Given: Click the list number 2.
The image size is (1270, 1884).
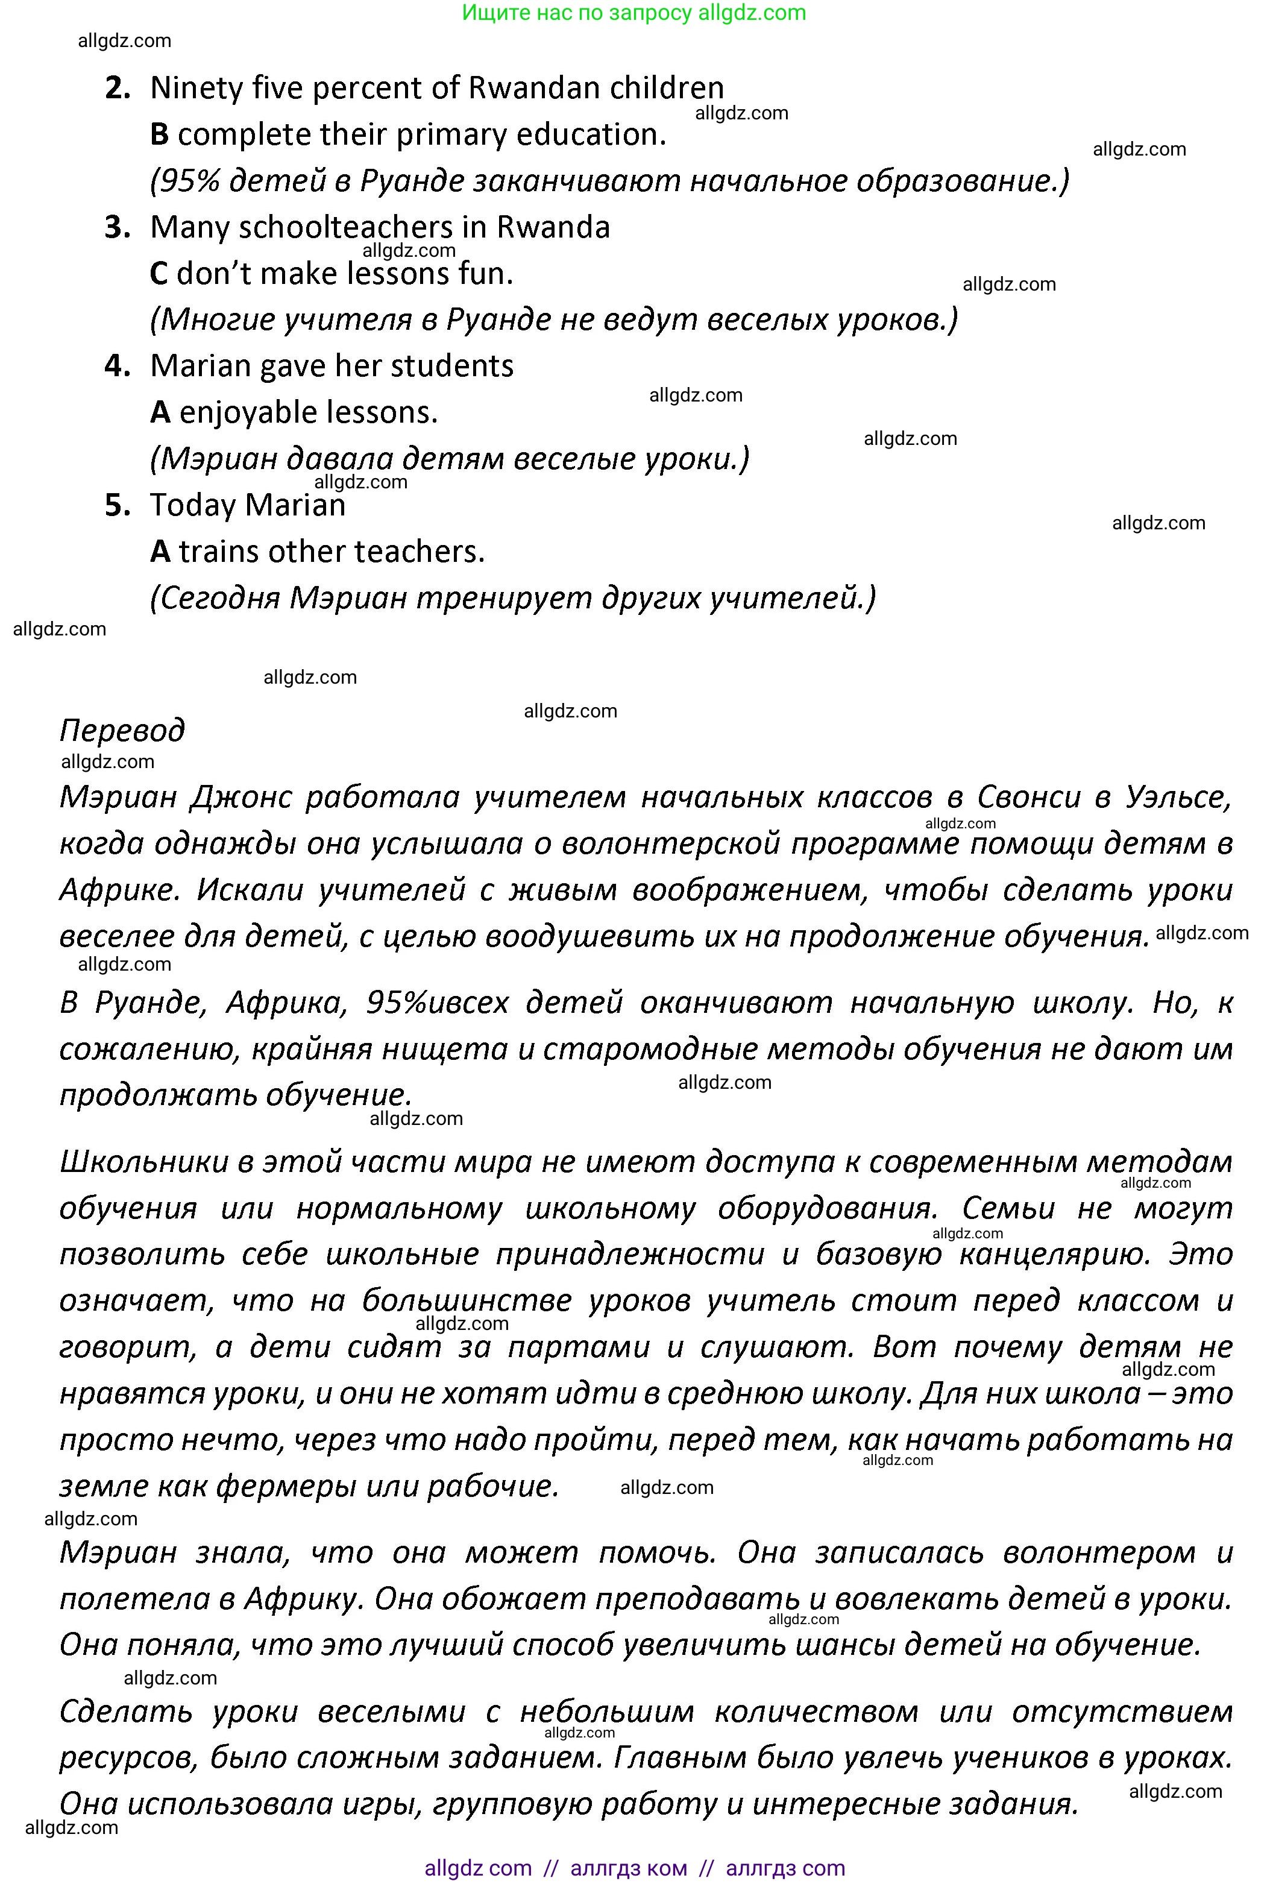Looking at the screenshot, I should (x=118, y=88).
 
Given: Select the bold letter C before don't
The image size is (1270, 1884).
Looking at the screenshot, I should (x=159, y=274).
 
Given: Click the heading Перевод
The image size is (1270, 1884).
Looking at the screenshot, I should (x=122, y=731).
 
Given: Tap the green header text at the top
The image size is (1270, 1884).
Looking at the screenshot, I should (x=634, y=13).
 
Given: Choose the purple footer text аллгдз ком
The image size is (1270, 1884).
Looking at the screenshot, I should (x=629, y=1868).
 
